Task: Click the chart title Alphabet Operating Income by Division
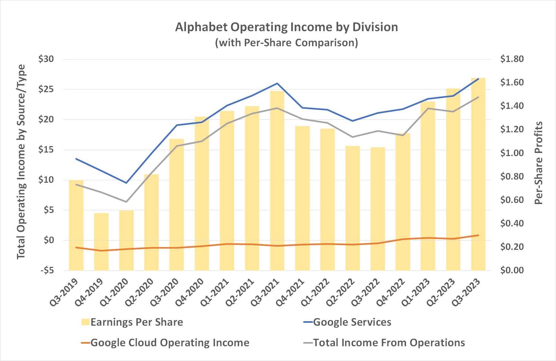pyautogui.click(x=286, y=27)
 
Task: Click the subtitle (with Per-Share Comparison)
pyautogui.click(x=286, y=43)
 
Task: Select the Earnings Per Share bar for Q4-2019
pyautogui.click(x=101, y=242)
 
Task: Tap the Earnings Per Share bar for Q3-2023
pyautogui.click(x=478, y=173)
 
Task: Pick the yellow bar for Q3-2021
pyautogui.click(x=277, y=180)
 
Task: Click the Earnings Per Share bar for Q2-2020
pyautogui.click(x=152, y=222)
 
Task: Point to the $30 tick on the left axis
pyautogui.click(x=46, y=59)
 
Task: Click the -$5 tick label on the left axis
pyautogui.click(x=47, y=270)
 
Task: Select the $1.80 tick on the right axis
pyautogui.click(x=512, y=59)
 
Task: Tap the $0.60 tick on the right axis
pyautogui.click(x=512, y=200)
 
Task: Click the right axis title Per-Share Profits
pyautogui.click(x=538, y=163)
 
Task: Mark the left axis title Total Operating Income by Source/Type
pyautogui.click(x=21, y=162)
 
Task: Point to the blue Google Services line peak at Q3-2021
pyautogui.click(x=277, y=84)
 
